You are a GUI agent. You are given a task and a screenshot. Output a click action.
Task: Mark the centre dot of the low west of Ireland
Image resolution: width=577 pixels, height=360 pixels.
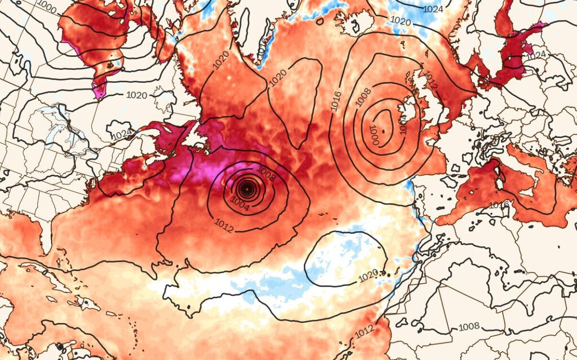click(x=383, y=131)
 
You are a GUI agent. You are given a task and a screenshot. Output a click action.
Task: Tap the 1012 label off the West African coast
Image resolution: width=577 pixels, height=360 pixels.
click(x=365, y=330)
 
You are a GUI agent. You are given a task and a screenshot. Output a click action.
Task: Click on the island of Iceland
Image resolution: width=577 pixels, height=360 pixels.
click(x=355, y=23)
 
